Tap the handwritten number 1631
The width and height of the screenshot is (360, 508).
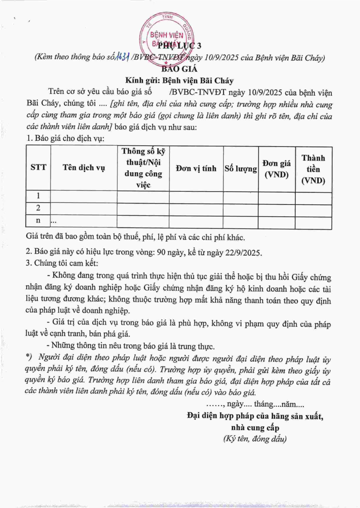tap(123, 58)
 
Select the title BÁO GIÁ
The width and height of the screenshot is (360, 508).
tap(180, 69)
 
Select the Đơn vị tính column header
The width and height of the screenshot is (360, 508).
tap(196, 169)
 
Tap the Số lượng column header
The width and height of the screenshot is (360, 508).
tap(240, 169)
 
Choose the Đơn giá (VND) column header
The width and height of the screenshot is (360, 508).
tap(277, 169)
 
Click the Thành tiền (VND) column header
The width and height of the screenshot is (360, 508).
tap(313, 169)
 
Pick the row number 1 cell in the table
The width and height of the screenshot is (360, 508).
tap(38, 196)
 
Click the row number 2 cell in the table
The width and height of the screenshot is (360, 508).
tap(38, 208)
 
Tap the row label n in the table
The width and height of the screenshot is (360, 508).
tap(38, 220)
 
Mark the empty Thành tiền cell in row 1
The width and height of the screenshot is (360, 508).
tap(313, 196)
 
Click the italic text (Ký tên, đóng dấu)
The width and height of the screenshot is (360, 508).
tap(255, 439)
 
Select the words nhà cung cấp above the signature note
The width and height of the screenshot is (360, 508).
tap(255, 428)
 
